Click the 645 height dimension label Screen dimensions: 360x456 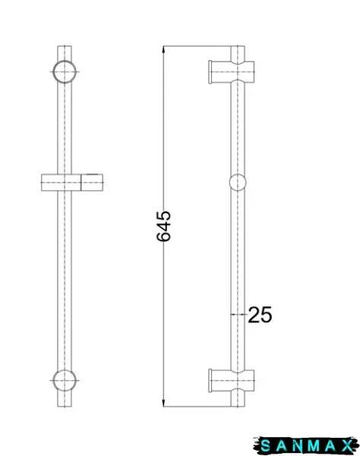tap(163, 226)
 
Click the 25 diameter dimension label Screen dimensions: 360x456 tap(260, 315)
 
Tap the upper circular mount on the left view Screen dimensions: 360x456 tap(65, 71)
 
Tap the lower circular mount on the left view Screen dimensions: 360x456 tap(65, 381)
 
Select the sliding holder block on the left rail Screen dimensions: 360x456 tap(72, 182)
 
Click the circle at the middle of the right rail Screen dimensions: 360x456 tap(238, 182)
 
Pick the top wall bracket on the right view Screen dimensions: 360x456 tap(232, 72)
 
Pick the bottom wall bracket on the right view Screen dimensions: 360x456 tap(232, 381)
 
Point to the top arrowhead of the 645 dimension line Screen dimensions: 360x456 tap(164, 49)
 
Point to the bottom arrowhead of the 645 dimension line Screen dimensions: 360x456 tap(164, 403)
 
